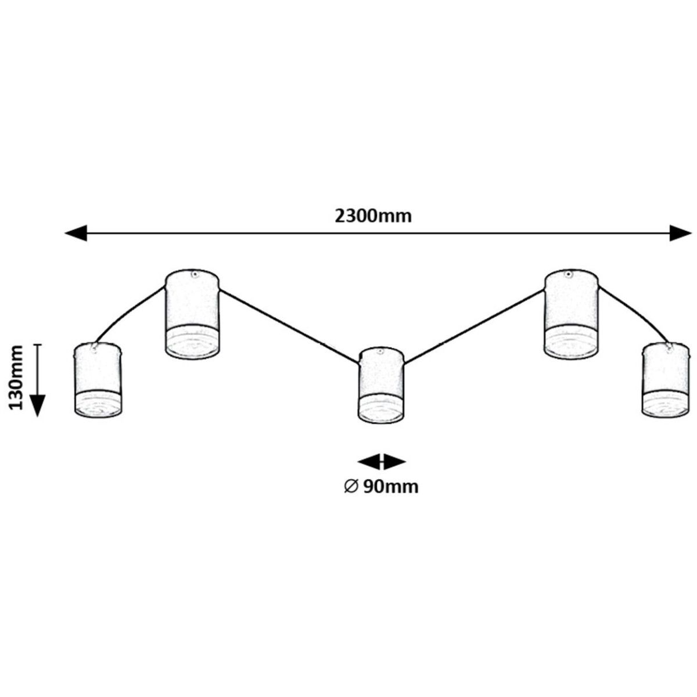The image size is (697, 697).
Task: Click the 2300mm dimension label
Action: point(373,215)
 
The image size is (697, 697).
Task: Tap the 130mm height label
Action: point(17,377)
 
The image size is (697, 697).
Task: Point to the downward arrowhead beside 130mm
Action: point(38,405)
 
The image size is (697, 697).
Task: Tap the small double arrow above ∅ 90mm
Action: point(381,462)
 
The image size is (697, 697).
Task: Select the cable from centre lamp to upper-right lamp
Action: point(473,327)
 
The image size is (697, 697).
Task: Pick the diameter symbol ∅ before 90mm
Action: point(350,487)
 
